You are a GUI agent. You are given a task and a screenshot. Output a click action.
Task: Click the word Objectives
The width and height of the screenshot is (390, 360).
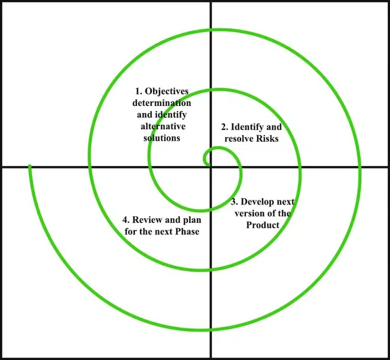pyautogui.click(x=167, y=92)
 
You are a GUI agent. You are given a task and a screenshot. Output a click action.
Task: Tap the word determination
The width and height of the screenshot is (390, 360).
pyautogui.click(x=162, y=103)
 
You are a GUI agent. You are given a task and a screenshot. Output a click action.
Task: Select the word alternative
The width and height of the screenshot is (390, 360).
pyautogui.click(x=163, y=126)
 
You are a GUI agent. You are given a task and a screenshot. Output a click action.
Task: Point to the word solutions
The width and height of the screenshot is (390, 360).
pyautogui.click(x=162, y=138)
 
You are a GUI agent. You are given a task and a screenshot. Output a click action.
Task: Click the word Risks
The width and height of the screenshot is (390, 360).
pyautogui.click(x=267, y=138)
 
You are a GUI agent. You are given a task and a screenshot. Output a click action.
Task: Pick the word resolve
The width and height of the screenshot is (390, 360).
pyautogui.click(x=239, y=138)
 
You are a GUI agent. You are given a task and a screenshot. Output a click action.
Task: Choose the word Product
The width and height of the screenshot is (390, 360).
pyautogui.click(x=262, y=225)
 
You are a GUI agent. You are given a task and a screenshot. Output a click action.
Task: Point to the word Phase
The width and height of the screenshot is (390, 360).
pyautogui.click(x=187, y=231)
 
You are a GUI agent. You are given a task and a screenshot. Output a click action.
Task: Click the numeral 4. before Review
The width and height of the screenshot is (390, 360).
pyautogui.click(x=126, y=220)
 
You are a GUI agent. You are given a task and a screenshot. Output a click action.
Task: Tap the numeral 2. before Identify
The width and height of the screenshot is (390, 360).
pyautogui.click(x=225, y=127)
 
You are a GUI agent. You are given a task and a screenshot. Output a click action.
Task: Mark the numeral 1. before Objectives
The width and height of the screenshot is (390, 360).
pyautogui.click(x=138, y=91)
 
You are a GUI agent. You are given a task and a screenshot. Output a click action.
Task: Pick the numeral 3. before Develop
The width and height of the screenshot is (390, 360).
pyautogui.click(x=235, y=202)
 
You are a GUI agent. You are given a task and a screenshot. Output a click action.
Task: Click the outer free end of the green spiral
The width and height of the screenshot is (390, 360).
pyautogui.click(x=30, y=165)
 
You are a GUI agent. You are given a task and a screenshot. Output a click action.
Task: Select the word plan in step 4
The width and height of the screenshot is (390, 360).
pyautogui.click(x=192, y=220)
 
